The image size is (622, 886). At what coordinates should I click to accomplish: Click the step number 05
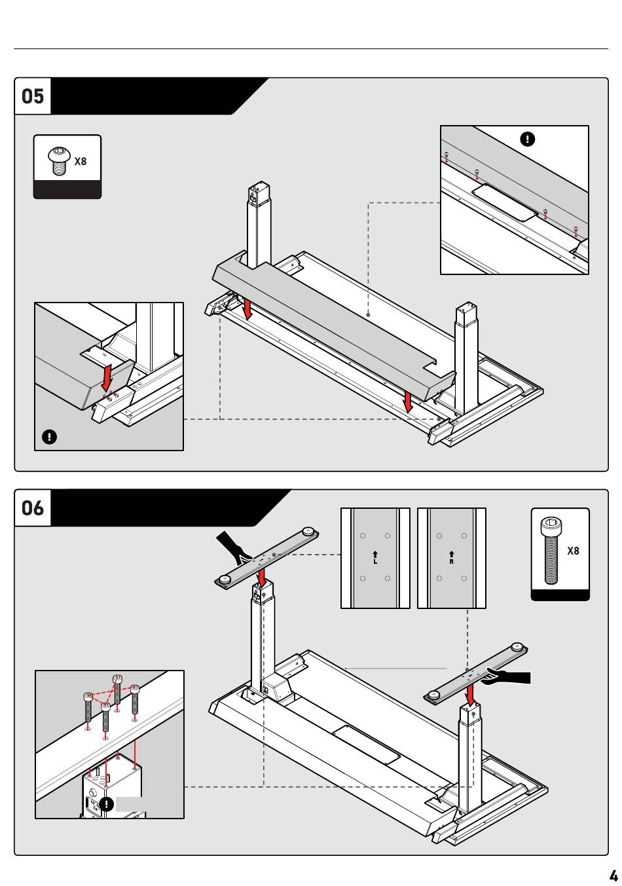[33, 96]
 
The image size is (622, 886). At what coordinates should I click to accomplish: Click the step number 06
[33, 508]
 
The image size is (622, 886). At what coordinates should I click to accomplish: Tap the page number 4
[613, 876]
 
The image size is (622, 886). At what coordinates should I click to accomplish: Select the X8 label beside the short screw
[81, 161]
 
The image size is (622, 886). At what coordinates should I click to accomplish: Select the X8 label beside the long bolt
[573, 551]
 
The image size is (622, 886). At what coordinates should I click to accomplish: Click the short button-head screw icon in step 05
[58, 160]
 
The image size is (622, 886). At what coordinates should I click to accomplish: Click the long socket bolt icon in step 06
[551, 550]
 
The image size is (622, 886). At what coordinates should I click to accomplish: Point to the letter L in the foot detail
[375, 562]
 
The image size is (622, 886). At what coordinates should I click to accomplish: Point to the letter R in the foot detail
[452, 562]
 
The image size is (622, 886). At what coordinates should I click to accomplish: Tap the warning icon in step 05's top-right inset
[527, 139]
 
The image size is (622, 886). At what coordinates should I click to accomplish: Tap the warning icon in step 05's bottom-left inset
[49, 437]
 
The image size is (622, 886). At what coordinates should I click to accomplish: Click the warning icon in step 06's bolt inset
[106, 803]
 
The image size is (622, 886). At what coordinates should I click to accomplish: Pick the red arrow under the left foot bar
[261, 578]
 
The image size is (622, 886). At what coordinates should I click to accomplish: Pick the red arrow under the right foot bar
[469, 695]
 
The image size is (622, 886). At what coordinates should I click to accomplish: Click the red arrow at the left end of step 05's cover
[247, 309]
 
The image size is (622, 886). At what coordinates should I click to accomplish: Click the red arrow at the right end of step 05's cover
[408, 401]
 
